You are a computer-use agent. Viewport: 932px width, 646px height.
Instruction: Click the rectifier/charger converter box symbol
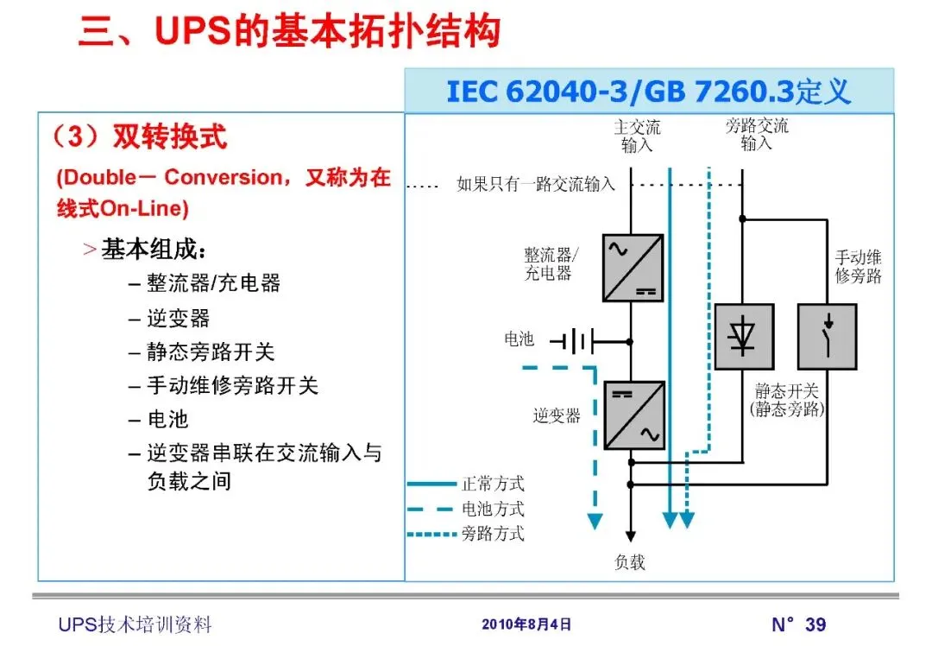click(633, 268)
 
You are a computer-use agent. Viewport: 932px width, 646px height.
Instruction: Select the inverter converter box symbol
click(633, 415)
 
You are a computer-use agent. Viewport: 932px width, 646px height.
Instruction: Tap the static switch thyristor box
click(744, 337)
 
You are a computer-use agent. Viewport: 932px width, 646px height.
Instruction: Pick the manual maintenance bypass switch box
click(827, 337)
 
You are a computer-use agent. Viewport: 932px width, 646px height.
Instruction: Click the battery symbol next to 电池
click(572, 341)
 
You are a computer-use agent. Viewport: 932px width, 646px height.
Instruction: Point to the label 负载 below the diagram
click(630, 562)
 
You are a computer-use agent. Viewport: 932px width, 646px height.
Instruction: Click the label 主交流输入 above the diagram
click(637, 136)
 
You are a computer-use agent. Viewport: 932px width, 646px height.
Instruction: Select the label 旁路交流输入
click(757, 136)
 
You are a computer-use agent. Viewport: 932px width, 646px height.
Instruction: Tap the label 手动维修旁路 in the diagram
click(858, 267)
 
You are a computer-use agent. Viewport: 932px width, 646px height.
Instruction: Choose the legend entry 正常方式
click(493, 484)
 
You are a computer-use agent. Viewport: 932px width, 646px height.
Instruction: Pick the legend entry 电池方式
click(493, 509)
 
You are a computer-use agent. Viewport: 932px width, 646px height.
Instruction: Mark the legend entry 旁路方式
click(493, 534)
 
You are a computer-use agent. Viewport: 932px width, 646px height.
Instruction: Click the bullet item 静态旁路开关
click(211, 351)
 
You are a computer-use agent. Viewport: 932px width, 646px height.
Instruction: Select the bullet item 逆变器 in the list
click(178, 318)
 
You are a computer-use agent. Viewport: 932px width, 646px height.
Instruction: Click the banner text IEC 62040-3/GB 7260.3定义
click(648, 92)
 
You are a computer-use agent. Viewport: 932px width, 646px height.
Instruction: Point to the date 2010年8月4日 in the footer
click(526, 624)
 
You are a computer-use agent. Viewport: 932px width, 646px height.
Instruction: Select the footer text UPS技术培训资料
click(135, 624)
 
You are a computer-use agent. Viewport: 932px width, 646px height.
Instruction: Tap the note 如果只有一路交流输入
click(536, 184)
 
